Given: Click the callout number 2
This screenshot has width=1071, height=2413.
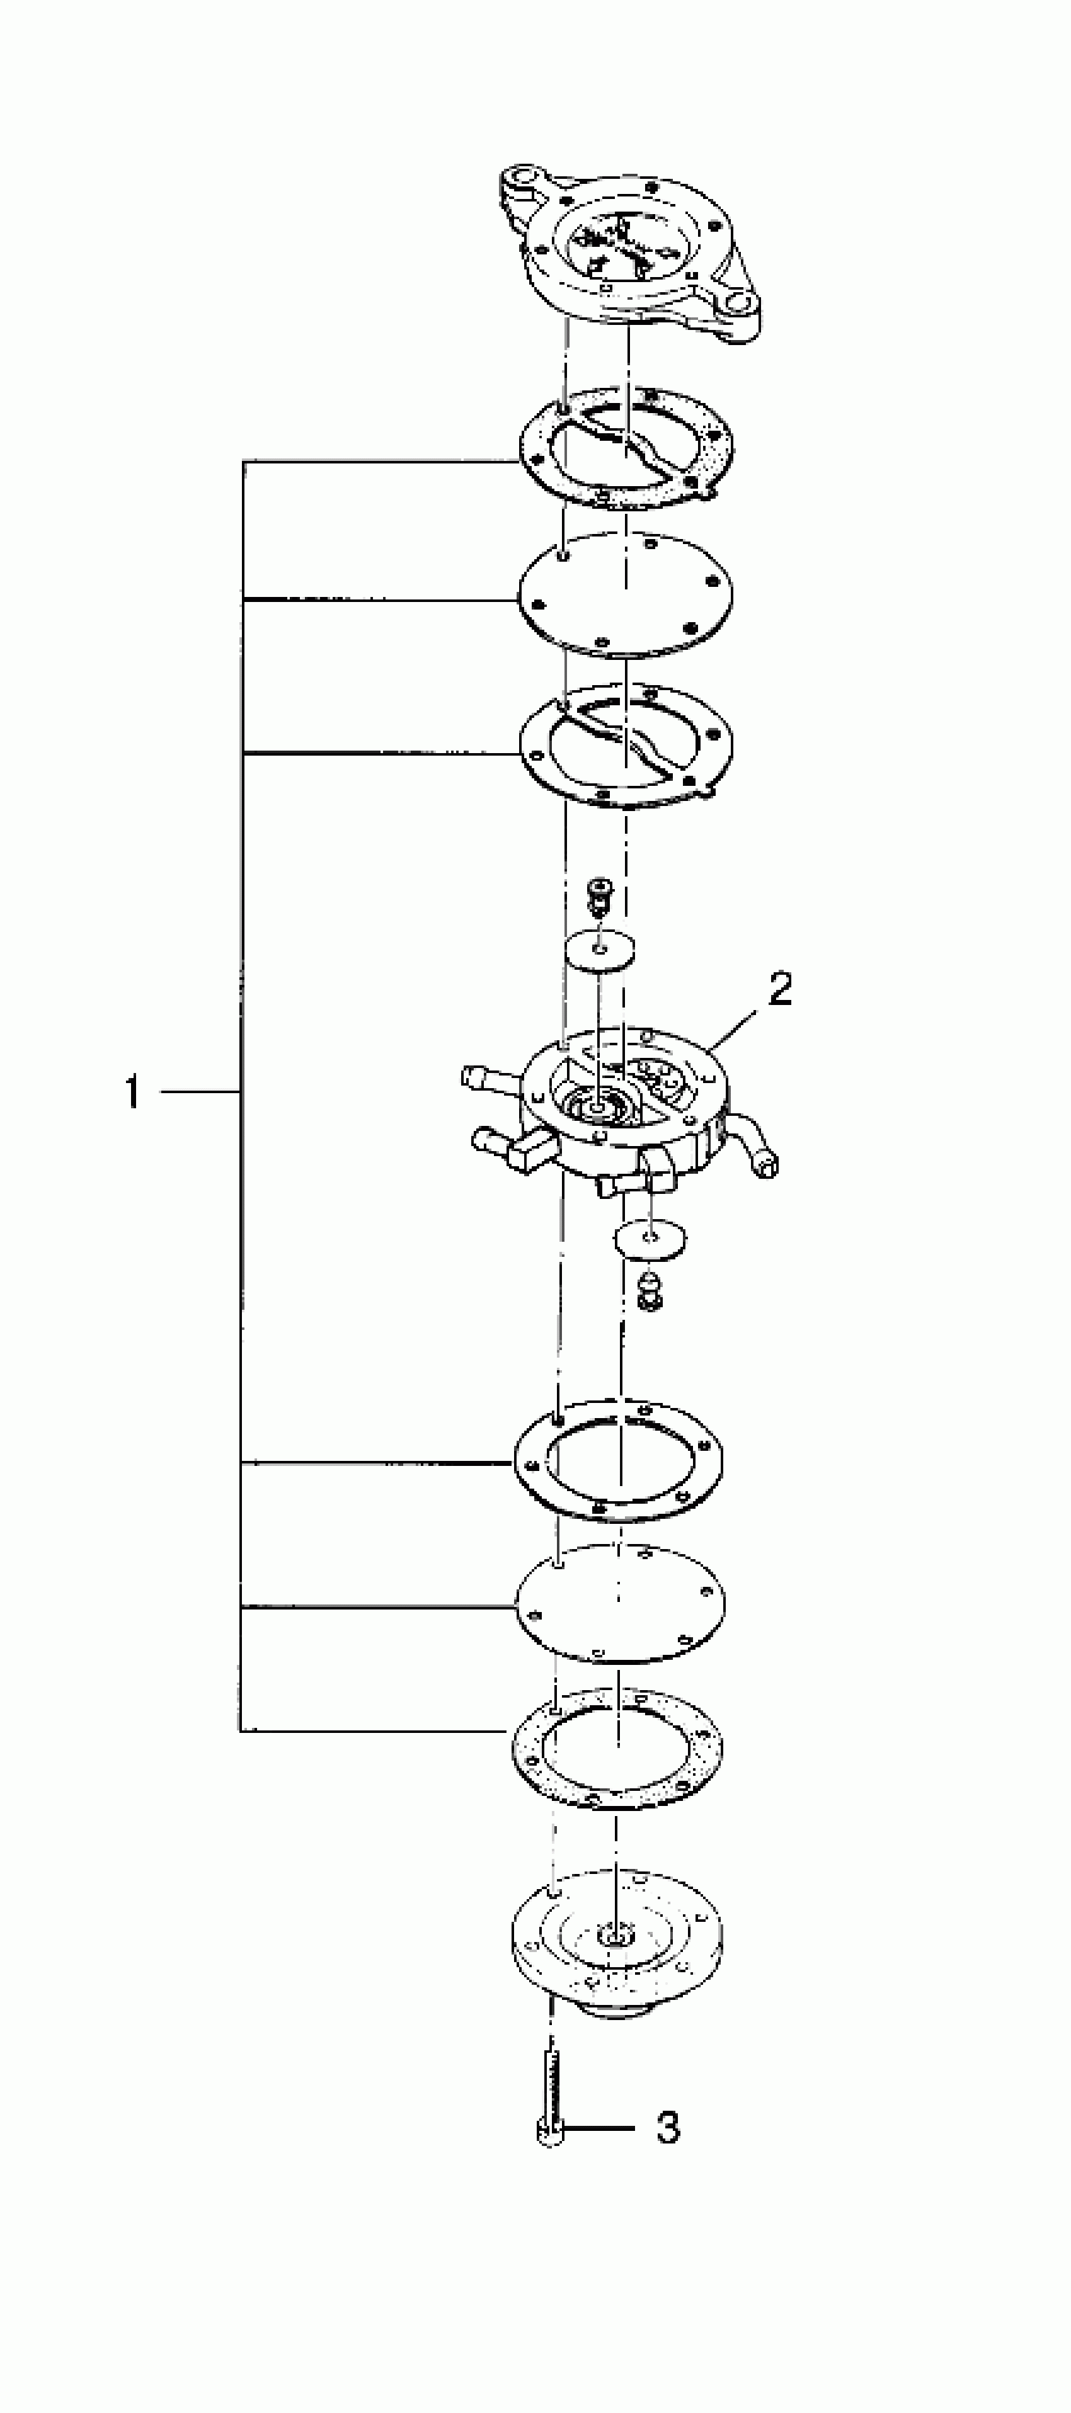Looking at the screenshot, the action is [779, 989].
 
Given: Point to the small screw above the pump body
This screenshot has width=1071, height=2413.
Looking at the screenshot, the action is [597, 895].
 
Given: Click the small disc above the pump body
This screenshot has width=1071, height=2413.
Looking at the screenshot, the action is [600, 951].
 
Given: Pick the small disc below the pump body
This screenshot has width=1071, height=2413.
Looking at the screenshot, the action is [650, 1239].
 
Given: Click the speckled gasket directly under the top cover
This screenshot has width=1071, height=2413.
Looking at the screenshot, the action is [626, 449].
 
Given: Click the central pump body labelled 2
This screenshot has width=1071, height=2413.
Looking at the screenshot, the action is [626, 1105].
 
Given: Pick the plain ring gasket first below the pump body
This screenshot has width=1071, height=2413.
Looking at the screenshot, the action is [619, 1460].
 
